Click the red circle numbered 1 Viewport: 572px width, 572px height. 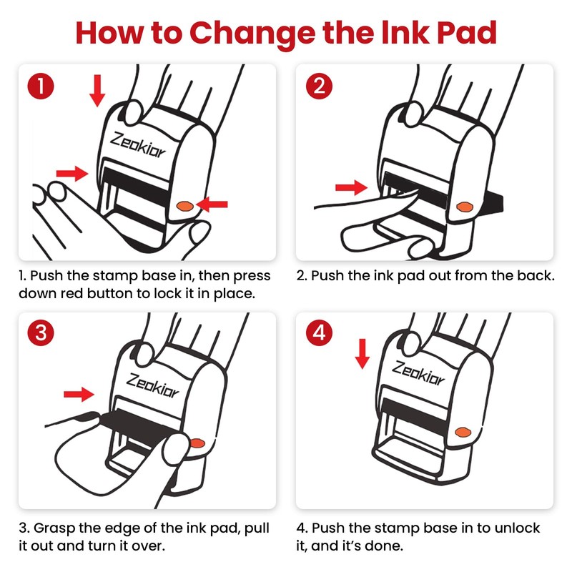[41, 86]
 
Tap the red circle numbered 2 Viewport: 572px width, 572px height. [319, 86]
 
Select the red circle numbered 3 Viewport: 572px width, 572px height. [41, 332]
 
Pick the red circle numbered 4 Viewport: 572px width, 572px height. [319, 332]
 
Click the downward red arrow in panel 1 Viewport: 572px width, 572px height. [97, 91]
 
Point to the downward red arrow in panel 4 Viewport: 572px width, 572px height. [363, 353]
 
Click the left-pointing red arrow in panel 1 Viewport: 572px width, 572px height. [212, 204]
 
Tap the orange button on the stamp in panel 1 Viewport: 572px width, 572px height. [185, 206]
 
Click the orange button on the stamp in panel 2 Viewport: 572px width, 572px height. [465, 207]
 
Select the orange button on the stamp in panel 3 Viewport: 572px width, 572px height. [197, 443]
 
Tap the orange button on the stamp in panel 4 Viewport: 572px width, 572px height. [463, 433]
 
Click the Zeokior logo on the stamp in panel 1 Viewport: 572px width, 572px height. [138, 145]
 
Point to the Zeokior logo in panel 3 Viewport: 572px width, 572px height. [152, 385]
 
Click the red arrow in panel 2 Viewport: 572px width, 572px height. [351, 187]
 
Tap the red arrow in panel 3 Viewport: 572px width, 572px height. [79, 394]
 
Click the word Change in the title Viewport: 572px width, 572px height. [252, 34]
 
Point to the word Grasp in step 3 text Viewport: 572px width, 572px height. [54, 528]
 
